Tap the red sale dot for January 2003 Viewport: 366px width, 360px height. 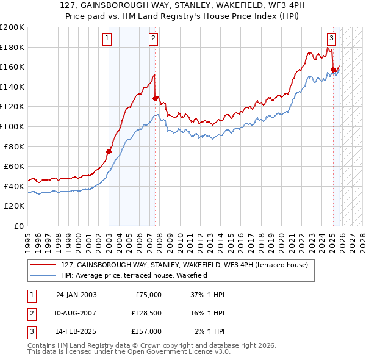pos(109,151)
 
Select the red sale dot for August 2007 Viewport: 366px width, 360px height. pos(155,98)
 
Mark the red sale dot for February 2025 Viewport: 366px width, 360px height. pos(333,70)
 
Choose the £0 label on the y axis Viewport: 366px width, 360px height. pos(18,226)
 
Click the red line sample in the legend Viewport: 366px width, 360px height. pos(44,265)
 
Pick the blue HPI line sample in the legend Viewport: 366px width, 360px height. pos(44,275)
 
